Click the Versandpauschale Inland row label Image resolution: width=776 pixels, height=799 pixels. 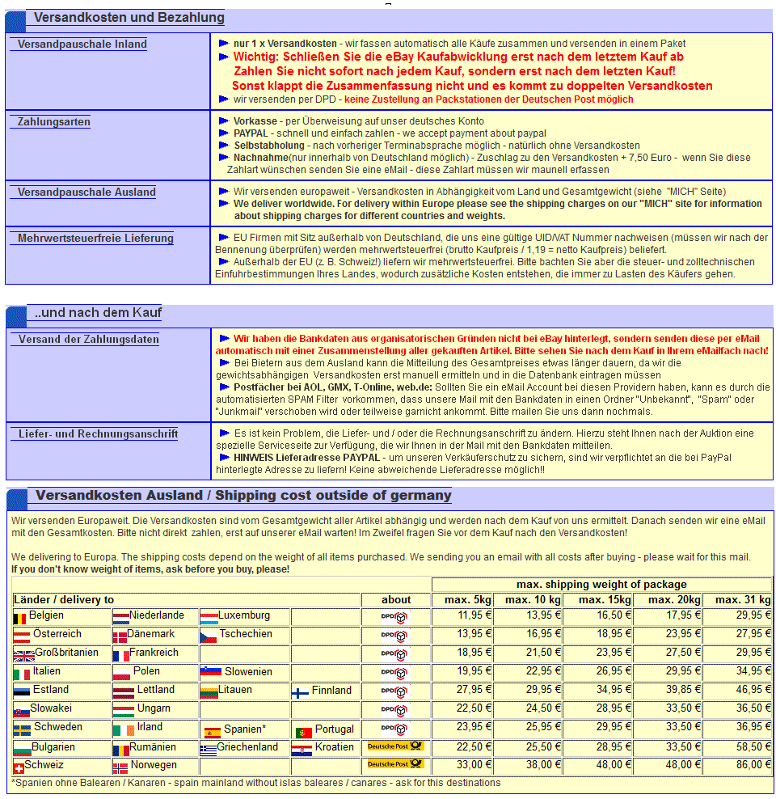click(x=82, y=44)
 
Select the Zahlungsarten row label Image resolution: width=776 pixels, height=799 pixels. click(x=54, y=122)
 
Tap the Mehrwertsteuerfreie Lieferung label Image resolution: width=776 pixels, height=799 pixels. click(x=95, y=239)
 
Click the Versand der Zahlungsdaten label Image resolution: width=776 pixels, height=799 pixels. click(x=89, y=340)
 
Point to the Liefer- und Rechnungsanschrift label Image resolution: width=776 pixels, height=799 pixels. click(x=98, y=434)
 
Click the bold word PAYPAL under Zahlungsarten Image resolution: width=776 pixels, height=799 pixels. click(x=251, y=133)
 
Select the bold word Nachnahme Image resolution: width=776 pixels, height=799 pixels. click(x=260, y=157)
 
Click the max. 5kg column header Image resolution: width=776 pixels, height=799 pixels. click(x=462, y=599)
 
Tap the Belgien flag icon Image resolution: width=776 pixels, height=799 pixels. click(x=20, y=618)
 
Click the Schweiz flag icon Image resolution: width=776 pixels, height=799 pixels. click(x=18, y=767)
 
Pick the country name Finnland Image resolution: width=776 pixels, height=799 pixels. click(x=331, y=691)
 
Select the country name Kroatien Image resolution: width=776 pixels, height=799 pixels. click(x=334, y=747)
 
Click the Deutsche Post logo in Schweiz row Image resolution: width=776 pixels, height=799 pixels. click(x=395, y=764)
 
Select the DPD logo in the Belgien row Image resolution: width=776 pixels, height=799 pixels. click(x=395, y=617)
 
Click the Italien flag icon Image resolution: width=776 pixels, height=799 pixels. click(x=20, y=674)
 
